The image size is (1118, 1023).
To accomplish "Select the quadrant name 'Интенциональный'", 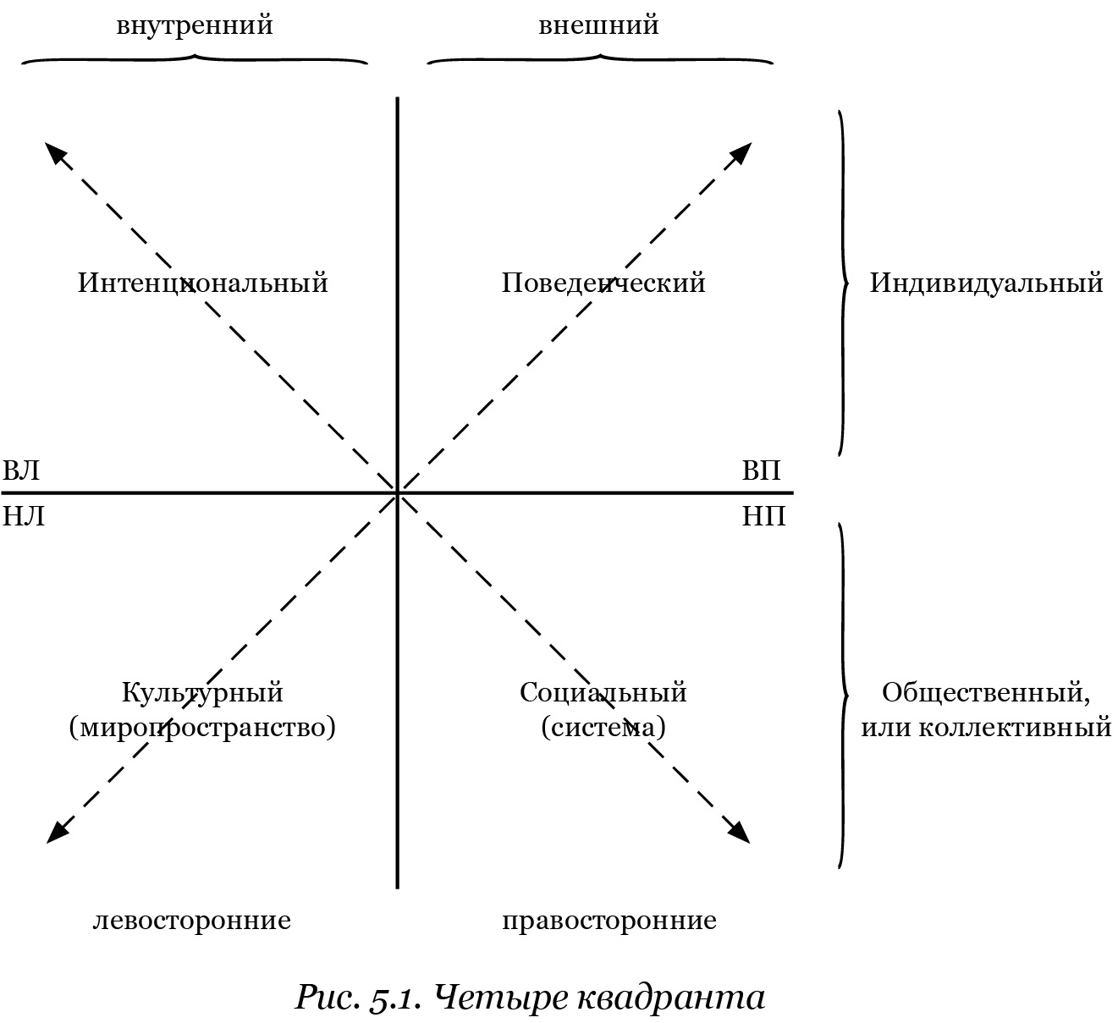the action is click(x=203, y=283).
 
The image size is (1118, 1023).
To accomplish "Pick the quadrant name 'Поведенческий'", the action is click(x=603, y=283).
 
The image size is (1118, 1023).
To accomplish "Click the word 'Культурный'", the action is click(x=202, y=693).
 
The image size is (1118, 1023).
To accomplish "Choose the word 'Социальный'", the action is click(x=603, y=693).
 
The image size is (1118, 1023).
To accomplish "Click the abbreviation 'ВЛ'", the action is click(x=21, y=470).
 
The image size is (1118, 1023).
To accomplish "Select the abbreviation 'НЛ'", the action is click(x=24, y=516).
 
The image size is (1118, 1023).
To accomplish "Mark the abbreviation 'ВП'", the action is click(x=762, y=470).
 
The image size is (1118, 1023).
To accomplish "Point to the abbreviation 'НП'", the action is click(x=764, y=516).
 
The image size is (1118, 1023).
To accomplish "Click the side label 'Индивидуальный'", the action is click(x=987, y=283).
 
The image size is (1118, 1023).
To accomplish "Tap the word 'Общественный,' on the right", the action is click(x=987, y=693).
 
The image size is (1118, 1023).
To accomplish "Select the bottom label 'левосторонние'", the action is click(x=192, y=920).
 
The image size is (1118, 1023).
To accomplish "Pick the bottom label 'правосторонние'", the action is click(x=609, y=921).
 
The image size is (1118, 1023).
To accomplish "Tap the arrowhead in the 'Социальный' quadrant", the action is click(x=739, y=831).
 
